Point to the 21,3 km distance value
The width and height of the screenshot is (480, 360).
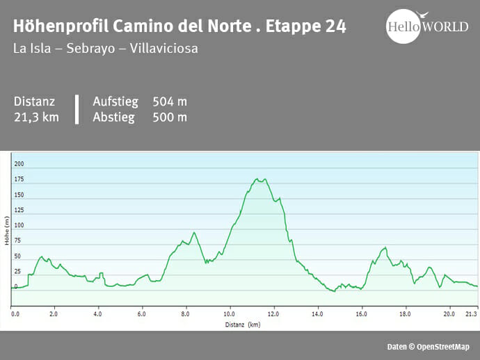pos(36,117)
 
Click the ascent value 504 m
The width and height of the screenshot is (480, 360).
pos(170,101)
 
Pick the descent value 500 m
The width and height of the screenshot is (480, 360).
pos(170,117)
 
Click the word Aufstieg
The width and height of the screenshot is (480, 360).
pos(116,101)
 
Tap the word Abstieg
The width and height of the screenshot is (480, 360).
pos(113,117)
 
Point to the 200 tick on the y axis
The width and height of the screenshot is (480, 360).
pos(19,164)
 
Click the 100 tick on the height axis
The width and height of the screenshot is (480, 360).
pos(19,225)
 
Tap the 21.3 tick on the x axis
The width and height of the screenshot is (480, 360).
pos(471,314)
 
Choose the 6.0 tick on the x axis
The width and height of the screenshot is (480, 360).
pos(142,314)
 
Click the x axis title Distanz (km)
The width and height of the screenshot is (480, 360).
pos(243,324)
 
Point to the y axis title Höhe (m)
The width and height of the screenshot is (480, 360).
pos(7,230)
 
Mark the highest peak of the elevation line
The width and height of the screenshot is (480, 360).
pos(257,179)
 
